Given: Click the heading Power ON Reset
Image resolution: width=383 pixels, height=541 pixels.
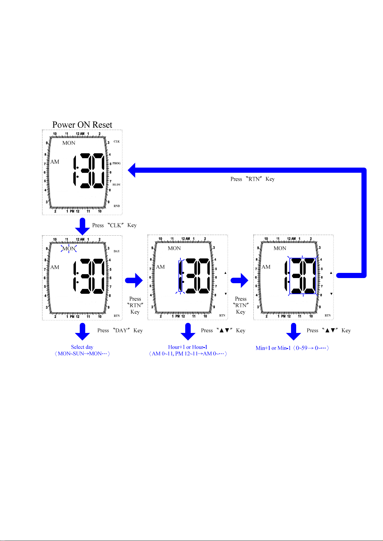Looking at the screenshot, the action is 82,125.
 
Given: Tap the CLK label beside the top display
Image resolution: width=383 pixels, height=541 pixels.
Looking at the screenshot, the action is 117,142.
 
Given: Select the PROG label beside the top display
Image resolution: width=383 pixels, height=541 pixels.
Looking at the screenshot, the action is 116,163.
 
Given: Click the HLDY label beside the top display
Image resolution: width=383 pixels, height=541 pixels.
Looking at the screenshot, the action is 116,185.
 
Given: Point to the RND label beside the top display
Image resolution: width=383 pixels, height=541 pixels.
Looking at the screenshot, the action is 117,206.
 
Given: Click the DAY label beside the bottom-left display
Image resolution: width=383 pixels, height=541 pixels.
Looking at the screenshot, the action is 117,251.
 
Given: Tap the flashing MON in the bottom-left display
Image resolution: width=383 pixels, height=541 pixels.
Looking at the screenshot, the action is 69,249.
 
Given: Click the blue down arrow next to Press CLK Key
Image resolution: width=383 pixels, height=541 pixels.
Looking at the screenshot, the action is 82,226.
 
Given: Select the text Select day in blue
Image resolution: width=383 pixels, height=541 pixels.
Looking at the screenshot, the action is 82,347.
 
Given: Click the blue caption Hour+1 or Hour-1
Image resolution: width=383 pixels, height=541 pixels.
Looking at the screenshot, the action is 187,347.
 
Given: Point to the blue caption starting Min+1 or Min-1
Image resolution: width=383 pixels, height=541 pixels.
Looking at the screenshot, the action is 292,348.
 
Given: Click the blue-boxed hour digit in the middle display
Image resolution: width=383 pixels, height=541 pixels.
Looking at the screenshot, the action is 180,276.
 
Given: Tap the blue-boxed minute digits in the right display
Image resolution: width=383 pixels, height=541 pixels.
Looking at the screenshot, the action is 303,276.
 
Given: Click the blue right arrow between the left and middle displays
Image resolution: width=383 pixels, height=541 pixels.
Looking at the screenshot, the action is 134,280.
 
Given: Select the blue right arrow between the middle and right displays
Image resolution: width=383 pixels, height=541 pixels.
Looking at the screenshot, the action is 240,280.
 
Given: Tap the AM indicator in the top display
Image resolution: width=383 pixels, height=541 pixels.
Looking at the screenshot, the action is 55,162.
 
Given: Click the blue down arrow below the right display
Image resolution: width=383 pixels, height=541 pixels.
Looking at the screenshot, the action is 294,332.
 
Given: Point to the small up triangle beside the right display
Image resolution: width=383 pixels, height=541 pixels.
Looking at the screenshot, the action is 331,273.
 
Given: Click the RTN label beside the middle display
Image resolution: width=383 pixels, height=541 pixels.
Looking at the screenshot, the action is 222,315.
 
